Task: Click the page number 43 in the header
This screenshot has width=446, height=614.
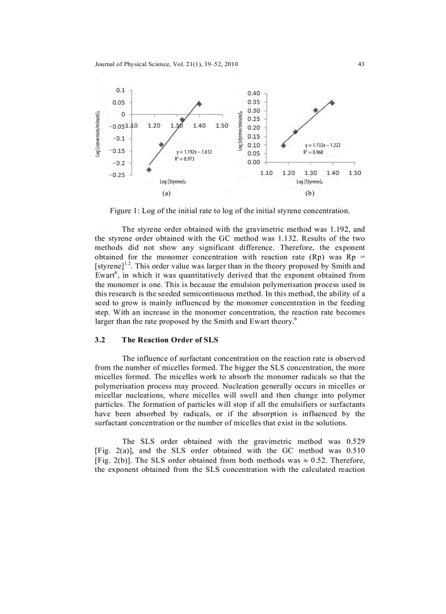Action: click(361, 65)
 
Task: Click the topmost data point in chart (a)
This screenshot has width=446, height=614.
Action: click(199, 103)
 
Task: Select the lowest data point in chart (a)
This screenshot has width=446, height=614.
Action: click(149, 169)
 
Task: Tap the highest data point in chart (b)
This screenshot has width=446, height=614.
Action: click(332, 103)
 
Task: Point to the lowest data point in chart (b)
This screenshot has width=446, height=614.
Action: click(283, 145)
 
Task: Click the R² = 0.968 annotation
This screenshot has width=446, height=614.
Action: click(313, 153)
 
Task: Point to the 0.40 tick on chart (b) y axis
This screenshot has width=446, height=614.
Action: click(253, 93)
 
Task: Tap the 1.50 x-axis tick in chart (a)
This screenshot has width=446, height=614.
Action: click(221, 126)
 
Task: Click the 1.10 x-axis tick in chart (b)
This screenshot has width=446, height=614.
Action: click(266, 173)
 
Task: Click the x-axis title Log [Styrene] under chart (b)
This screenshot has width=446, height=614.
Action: click(309, 182)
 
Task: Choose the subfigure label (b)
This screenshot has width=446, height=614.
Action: click(310, 194)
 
